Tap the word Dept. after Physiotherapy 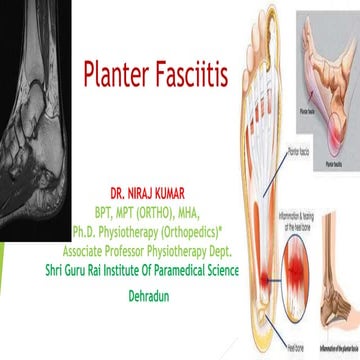coord(220,239)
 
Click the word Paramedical coord(189,254)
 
